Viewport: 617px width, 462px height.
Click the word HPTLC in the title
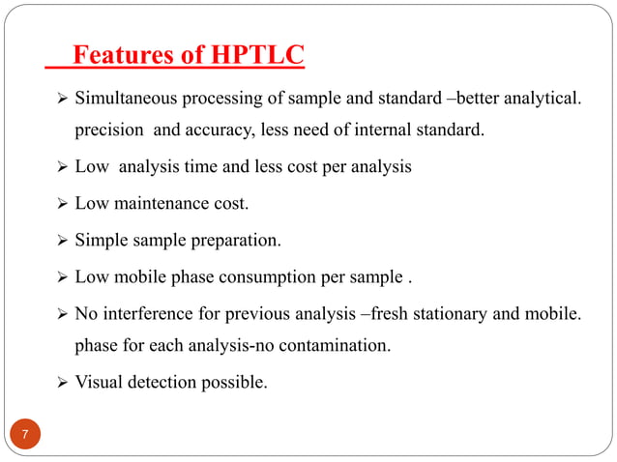click(x=254, y=57)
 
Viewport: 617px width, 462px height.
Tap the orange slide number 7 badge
click(x=26, y=432)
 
